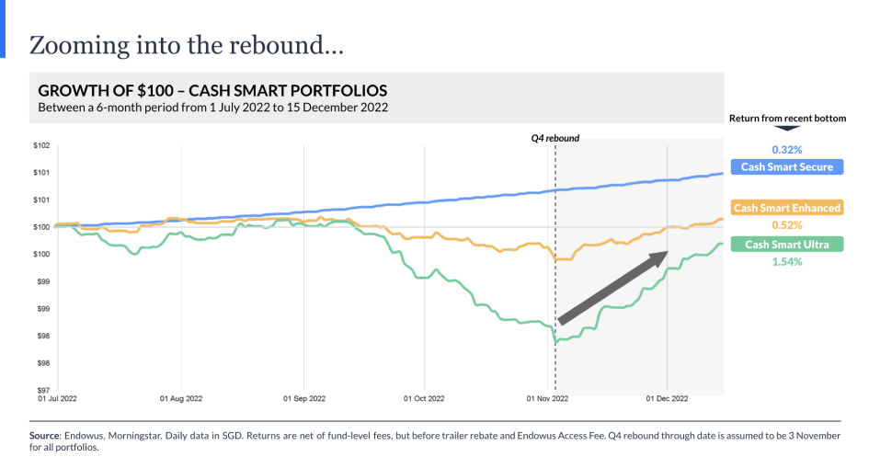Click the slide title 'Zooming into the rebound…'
point(187,45)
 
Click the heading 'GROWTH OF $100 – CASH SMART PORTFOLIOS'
point(212,91)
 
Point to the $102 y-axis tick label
point(41,145)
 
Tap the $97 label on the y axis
point(41,390)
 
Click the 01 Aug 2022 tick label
point(181,399)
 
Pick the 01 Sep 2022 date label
point(303,399)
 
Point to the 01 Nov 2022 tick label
point(548,399)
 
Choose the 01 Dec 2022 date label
point(667,399)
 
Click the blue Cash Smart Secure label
point(786,167)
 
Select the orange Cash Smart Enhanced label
point(786,208)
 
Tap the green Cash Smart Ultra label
point(786,245)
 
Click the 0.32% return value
point(786,149)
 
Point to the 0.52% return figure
point(786,225)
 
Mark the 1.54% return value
point(786,262)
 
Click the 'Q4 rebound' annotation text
point(555,138)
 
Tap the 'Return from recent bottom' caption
point(786,118)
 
